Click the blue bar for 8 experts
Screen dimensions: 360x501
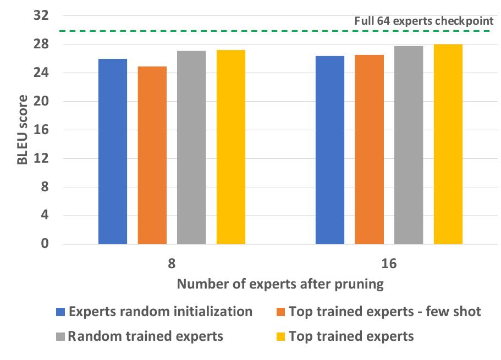click(x=113, y=151)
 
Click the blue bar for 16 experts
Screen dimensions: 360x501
click(x=330, y=150)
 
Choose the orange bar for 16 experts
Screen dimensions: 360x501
click(x=369, y=149)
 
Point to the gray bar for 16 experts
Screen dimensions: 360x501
click(x=409, y=145)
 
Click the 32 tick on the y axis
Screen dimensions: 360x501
click(x=41, y=16)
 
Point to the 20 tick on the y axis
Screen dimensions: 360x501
click(x=41, y=102)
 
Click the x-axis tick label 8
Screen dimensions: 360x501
click(x=172, y=263)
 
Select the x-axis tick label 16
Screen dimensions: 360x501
click(x=389, y=263)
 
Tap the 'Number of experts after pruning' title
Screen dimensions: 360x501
click(x=280, y=284)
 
